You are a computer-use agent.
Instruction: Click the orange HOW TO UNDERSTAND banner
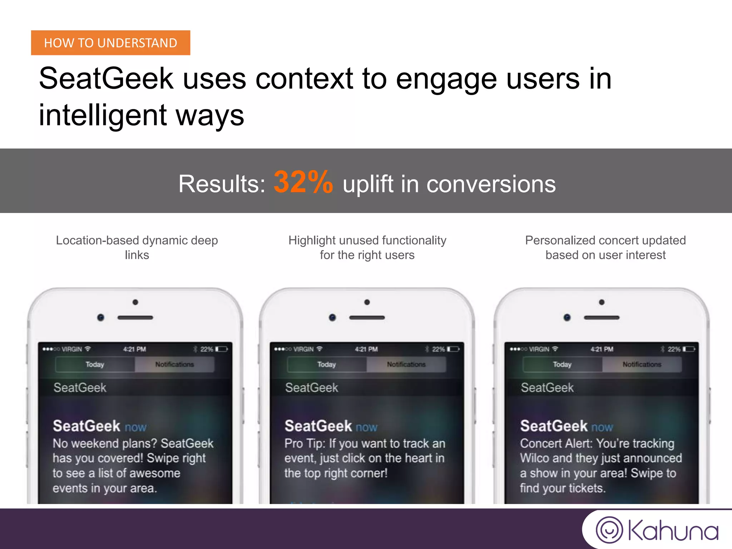[x=110, y=43]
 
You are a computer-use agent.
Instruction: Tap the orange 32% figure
[x=303, y=183]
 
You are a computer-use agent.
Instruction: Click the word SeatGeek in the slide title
[x=106, y=79]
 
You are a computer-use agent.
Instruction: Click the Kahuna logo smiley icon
[x=609, y=530]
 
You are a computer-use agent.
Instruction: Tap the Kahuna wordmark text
[x=673, y=531]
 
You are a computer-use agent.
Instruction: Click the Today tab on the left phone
[x=95, y=365]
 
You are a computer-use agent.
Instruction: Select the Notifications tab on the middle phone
[x=406, y=365]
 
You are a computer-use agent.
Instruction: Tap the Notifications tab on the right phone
[x=642, y=365]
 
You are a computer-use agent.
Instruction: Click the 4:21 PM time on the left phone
[x=134, y=349]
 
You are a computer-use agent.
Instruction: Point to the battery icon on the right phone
[x=689, y=349]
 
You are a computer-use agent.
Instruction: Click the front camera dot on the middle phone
[x=332, y=317]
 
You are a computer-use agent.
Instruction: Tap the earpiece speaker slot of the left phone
[x=135, y=317]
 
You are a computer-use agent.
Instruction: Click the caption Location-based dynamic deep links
[x=137, y=247]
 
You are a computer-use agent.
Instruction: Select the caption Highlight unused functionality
[x=367, y=241]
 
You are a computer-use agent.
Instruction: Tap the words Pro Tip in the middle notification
[x=305, y=444]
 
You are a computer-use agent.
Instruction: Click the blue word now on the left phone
[x=135, y=427]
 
